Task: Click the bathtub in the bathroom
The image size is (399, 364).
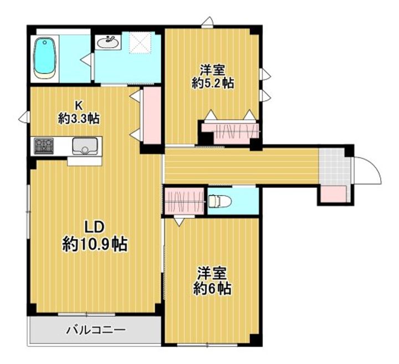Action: pyautogui.click(x=44, y=58)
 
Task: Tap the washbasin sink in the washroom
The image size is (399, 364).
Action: pyautogui.click(x=108, y=42)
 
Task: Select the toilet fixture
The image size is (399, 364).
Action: pyautogui.click(x=219, y=201)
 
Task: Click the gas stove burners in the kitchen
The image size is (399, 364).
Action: pyautogui.click(x=44, y=146)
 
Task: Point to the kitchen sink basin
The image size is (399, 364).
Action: pyautogui.click(x=85, y=146)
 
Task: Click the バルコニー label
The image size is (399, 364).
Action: pyautogui.click(x=96, y=330)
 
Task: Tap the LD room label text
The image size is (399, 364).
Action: pyautogui.click(x=94, y=227)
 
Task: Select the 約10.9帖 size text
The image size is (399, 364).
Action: pyautogui.click(x=95, y=244)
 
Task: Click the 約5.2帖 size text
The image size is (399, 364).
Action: pyautogui.click(x=213, y=83)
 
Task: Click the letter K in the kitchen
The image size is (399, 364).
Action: pyautogui.click(x=78, y=105)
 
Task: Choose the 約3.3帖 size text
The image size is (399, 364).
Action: pyautogui.click(x=79, y=119)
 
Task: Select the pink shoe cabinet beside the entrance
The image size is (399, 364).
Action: pyautogui.click(x=334, y=194)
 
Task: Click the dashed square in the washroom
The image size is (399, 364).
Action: pyautogui.click(x=141, y=43)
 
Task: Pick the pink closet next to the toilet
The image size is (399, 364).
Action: pyautogui.click(x=184, y=201)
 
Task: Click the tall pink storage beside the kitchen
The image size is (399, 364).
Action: pyautogui.click(x=152, y=116)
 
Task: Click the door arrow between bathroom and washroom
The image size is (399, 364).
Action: pyautogui.click(x=86, y=60)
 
